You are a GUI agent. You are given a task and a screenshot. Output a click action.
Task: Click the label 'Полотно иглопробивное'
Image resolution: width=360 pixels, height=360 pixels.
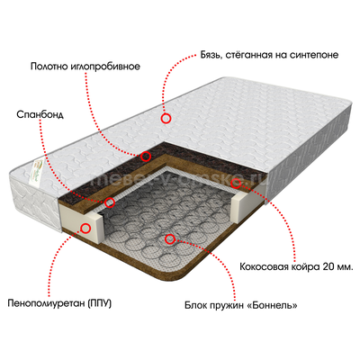coord(85,67)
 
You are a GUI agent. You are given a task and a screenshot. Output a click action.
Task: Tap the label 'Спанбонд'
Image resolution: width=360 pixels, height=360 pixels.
coord(40,114)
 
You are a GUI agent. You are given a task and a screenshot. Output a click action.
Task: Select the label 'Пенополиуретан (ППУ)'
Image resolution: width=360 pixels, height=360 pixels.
coord(59,303)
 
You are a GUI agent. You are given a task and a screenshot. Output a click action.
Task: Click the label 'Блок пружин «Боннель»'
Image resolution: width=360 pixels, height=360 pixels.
coord(241,306)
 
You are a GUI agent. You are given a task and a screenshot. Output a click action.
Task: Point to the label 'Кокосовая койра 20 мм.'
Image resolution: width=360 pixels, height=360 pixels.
coord(296,266)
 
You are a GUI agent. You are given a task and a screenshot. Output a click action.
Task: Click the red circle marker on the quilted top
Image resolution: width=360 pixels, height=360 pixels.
coord(166,119)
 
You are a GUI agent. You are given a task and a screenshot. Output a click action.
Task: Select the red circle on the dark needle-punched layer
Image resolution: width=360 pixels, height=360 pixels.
coord(146,156)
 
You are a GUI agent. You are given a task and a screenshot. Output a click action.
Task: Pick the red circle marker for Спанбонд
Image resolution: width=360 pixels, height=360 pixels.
coord(110,202)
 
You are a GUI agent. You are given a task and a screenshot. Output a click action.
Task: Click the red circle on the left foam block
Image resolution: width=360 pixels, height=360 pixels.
coord(85,229)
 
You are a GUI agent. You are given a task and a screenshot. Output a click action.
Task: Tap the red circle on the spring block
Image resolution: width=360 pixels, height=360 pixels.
coord(170,238)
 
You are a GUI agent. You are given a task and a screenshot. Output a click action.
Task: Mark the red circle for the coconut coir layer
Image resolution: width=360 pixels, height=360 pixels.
coord(236,183)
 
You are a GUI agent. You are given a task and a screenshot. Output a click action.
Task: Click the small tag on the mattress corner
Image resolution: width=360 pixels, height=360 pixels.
coord(37,175)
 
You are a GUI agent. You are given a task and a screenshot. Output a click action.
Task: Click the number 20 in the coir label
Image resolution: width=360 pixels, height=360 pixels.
coord(328,266)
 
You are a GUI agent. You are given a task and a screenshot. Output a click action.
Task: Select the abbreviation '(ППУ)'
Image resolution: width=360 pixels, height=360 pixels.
coord(100,303)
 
